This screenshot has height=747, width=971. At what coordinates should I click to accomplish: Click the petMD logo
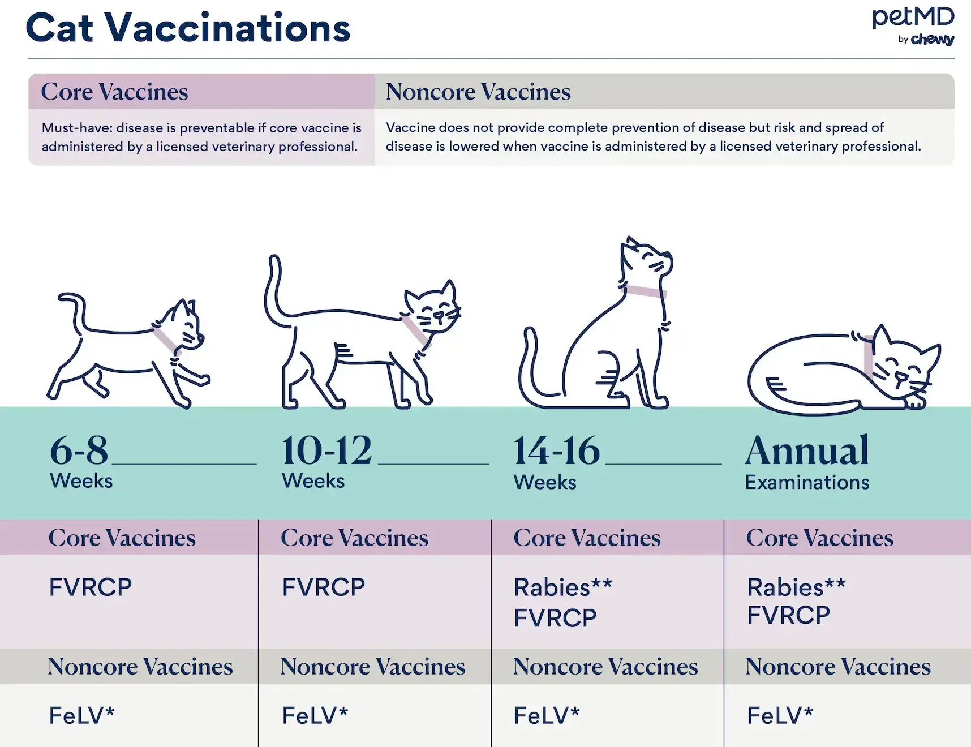tap(913, 25)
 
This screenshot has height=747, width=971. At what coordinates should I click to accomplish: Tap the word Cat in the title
tap(59, 28)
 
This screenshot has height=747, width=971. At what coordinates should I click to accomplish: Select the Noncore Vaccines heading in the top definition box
tap(478, 92)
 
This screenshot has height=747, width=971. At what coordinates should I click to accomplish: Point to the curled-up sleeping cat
tap(844, 371)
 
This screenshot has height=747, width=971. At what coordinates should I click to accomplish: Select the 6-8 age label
tap(79, 451)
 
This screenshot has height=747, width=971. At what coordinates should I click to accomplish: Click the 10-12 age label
tap(327, 451)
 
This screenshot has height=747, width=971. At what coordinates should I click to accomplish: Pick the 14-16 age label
tap(557, 451)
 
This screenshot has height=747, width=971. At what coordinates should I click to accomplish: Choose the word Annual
tap(807, 451)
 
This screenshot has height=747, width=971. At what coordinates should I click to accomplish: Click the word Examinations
tap(807, 483)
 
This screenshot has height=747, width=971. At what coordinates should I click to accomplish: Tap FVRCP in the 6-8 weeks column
tap(91, 587)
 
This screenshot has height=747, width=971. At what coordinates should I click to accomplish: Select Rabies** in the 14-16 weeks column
tap(563, 587)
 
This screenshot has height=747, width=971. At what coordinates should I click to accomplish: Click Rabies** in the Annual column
tap(796, 587)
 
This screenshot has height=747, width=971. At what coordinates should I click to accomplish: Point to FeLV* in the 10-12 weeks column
tap(315, 716)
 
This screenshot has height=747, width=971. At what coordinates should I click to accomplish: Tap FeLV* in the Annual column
tap(780, 716)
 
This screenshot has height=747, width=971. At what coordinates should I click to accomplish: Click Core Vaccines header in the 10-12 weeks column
tap(355, 538)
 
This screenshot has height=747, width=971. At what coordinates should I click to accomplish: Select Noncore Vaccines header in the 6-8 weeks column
tap(140, 667)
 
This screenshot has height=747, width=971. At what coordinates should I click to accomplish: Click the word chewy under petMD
tap(933, 39)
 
